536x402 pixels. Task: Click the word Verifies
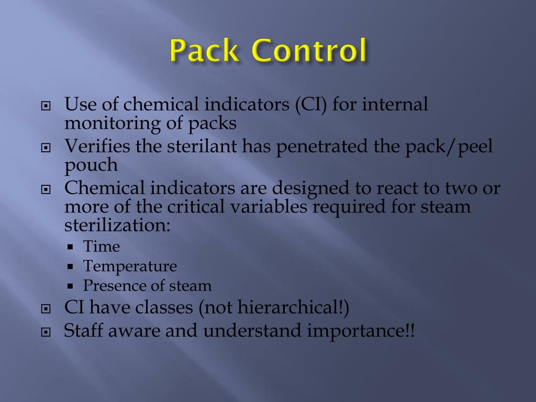pos(97,147)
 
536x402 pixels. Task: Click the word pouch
pos(91,165)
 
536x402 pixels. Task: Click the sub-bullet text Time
pos(102,247)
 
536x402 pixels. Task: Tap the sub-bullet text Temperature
pos(130,266)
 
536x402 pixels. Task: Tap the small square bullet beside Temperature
pos(70,267)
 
